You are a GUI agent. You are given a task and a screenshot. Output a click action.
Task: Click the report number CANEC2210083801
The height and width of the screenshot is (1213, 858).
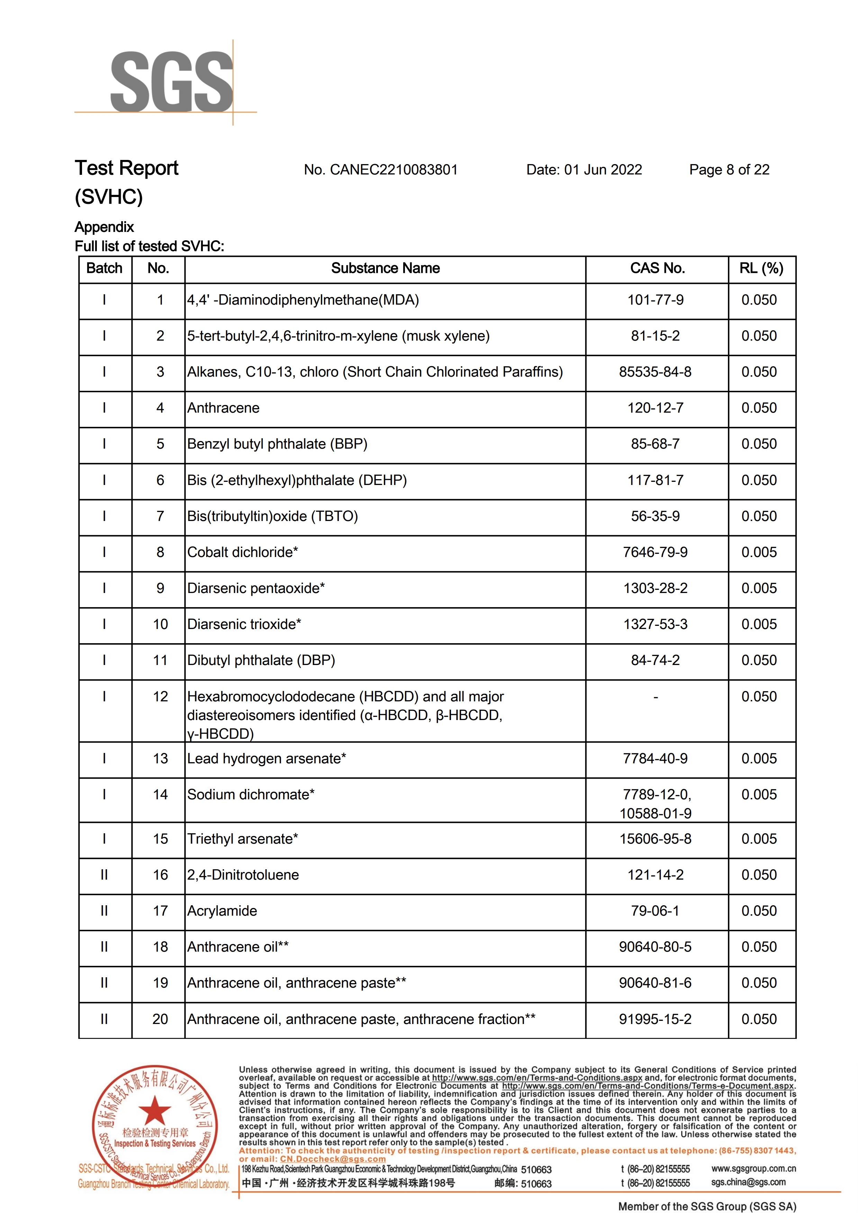(x=380, y=170)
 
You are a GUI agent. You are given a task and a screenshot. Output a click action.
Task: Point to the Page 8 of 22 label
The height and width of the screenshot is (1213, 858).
(x=729, y=170)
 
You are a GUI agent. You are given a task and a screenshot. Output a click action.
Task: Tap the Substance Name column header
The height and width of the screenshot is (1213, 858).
(x=385, y=268)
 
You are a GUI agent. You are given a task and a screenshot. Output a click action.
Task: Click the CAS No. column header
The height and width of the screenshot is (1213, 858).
(x=657, y=268)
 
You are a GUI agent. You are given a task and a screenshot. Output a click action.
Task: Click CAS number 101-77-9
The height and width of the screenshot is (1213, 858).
(x=655, y=300)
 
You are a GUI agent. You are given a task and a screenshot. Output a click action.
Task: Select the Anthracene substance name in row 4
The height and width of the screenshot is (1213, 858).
(x=224, y=408)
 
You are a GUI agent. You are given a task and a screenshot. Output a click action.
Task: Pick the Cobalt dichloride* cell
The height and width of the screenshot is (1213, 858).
(x=243, y=552)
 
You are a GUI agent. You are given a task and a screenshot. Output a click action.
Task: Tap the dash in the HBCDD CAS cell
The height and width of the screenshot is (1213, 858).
(x=656, y=697)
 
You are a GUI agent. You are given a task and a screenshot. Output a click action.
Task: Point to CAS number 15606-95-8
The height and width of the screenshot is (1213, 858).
(x=655, y=839)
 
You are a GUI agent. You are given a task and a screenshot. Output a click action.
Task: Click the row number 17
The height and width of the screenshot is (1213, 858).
(x=160, y=911)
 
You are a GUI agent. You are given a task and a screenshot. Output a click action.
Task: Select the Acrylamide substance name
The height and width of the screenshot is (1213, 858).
(x=222, y=911)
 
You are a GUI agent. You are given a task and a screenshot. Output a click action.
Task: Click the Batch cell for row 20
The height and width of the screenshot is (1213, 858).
(x=104, y=1019)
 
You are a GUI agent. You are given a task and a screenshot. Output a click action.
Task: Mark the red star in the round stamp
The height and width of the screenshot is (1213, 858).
(x=154, y=1110)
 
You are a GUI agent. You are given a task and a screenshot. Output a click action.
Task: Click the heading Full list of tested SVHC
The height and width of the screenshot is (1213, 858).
(x=150, y=246)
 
